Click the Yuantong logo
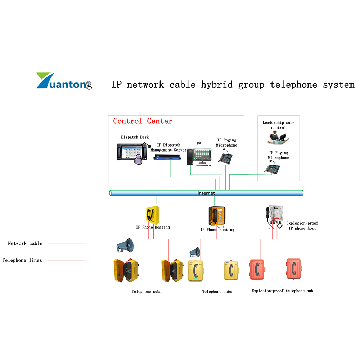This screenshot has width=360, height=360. [64, 81]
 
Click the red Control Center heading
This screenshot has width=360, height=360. [143, 121]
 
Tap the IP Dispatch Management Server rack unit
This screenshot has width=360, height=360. [167, 157]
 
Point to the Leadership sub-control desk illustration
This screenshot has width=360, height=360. [278, 138]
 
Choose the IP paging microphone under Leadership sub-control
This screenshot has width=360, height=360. [272, 167]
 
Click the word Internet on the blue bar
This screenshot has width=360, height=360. [206, 193]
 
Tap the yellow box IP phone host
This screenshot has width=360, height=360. [153, 215]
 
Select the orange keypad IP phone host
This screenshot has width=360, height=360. [217, 216]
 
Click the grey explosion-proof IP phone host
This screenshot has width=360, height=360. [274, 217]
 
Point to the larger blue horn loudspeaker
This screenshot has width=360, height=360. [125, 246]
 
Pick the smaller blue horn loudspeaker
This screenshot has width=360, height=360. [195, 252]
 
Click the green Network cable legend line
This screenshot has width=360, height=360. [67, 243]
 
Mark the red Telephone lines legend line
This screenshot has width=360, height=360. [67, 261]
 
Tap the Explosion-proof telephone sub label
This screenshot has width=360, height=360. [282, 291]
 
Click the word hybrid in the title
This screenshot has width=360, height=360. [217, 85]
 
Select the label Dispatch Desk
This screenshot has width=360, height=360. [135, 137]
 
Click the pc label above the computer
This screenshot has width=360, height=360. [199, 143]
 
